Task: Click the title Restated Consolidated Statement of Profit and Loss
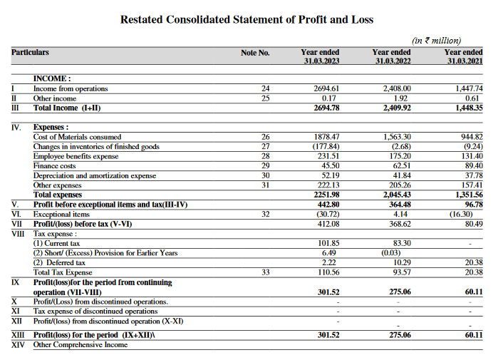pos(247,19)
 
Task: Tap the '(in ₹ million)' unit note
pos(437,40)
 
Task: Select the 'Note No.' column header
pos(255,53)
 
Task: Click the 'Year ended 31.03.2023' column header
pos(320,57)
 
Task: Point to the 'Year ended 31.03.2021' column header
pos(463,57)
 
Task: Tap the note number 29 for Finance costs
pos(266,166)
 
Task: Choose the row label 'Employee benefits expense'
pos(76,156)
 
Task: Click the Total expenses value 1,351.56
pos(468,195)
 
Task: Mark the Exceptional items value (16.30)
pos(468,214)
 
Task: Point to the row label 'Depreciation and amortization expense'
pos(95,175)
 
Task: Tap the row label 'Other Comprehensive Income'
pos(81,345)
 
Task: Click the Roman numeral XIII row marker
pos(18,335)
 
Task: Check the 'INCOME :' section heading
pos(53,78)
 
